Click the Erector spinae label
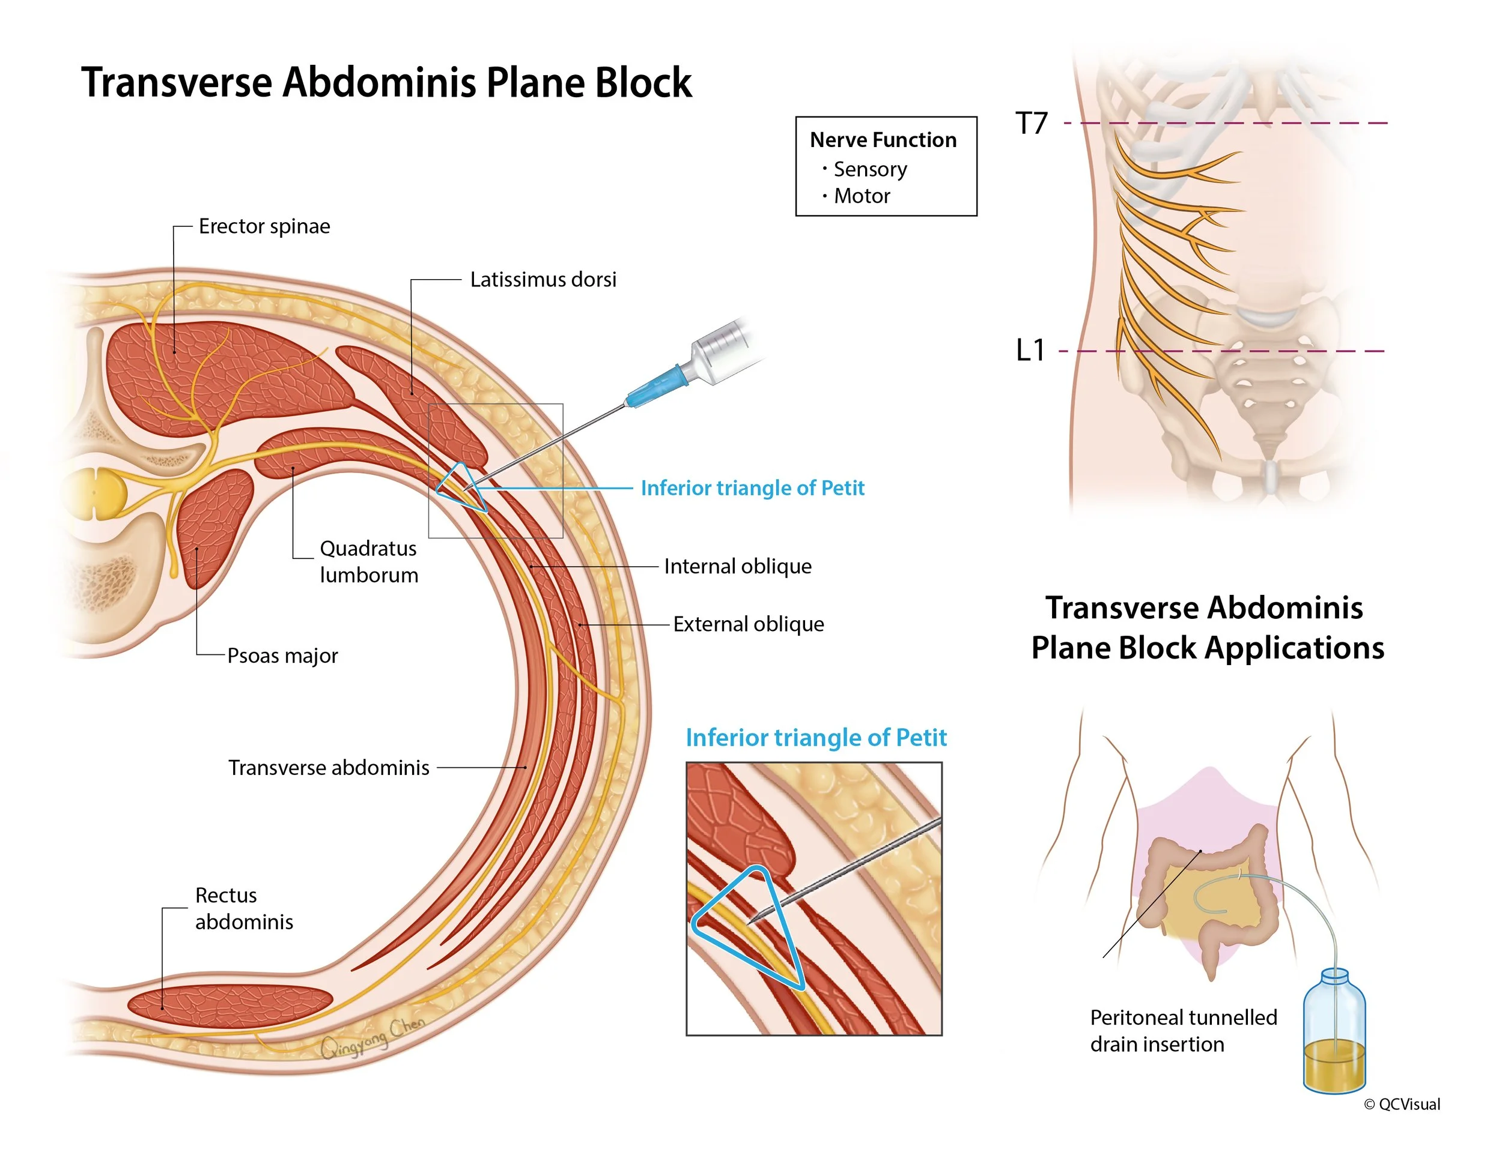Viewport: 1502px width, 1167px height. pyautogui.click(x=264, y=226)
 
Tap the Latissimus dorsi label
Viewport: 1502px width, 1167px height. pyautogui.click(x=543, y=280)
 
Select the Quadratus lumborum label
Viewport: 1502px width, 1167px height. pyautogui.click(x=369, y=561)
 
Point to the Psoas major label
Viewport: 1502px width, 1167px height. pyautogui.click(x=282, y=656)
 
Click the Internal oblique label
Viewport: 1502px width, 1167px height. pyautogui.click(x=737, y=566)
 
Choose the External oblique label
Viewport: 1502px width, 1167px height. pyautogui.click(x=747, y=624)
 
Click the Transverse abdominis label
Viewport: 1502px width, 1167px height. pyautogui.click(x=329, y=768)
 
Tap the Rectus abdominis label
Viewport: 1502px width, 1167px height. pyautogui.click(x=243, y=909)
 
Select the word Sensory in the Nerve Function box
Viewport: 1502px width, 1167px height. pyautogui.click(x=869, y=169)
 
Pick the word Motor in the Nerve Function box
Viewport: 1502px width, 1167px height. pyautogui.click(x=861, y=196)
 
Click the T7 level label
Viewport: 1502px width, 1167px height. pyautogui.click(x=1031, y=124)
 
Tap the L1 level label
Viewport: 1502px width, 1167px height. pyautogui.click(x=1030, y=351)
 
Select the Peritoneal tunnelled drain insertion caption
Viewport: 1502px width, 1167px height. pyautogui.click(x=1183, y=1031)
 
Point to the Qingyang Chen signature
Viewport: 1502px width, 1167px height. pyautogui.click(x=372, y=1038)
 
